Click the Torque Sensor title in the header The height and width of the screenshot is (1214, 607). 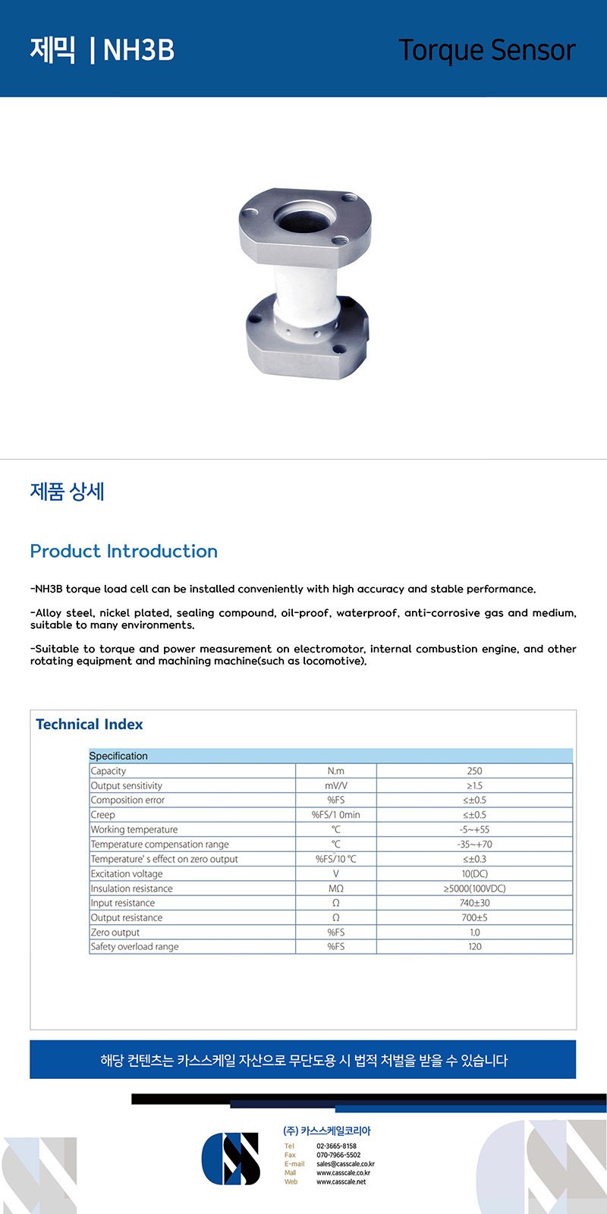point(486,50)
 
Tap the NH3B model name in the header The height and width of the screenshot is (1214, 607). point(139,50)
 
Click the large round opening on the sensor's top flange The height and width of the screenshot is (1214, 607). point(301,219)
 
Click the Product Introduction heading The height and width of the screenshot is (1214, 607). point(124,551)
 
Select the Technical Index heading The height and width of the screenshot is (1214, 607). point(90,724)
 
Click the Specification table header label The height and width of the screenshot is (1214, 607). point(118,756)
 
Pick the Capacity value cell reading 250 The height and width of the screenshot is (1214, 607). point(474,771)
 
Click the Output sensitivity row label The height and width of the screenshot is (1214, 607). point(127,786)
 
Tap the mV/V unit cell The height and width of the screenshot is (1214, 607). point(335,786)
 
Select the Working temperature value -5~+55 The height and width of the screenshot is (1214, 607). point(474,829)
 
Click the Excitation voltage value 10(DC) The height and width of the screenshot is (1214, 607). point(474,873)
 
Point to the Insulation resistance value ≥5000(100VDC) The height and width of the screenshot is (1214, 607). point(474,888)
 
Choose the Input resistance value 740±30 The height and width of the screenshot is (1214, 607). point(474,903)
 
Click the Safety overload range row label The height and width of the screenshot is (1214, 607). point(135,947)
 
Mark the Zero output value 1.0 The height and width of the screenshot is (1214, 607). point(474,933)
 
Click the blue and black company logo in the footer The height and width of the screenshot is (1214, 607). point(231,1159)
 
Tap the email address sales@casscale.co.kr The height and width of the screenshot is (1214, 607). point(345,1164)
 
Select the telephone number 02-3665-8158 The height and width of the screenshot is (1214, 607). point(336,1146)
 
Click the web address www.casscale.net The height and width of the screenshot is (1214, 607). point(341,1181)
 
